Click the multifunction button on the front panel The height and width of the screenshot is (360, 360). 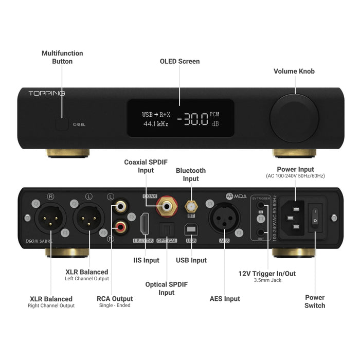[62, 124]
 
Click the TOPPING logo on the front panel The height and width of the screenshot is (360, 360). [47, 94]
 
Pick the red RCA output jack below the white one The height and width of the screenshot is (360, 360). [120, 225]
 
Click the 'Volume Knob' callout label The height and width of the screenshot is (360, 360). [294, 71]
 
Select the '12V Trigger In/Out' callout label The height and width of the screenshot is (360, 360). [266, 274]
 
